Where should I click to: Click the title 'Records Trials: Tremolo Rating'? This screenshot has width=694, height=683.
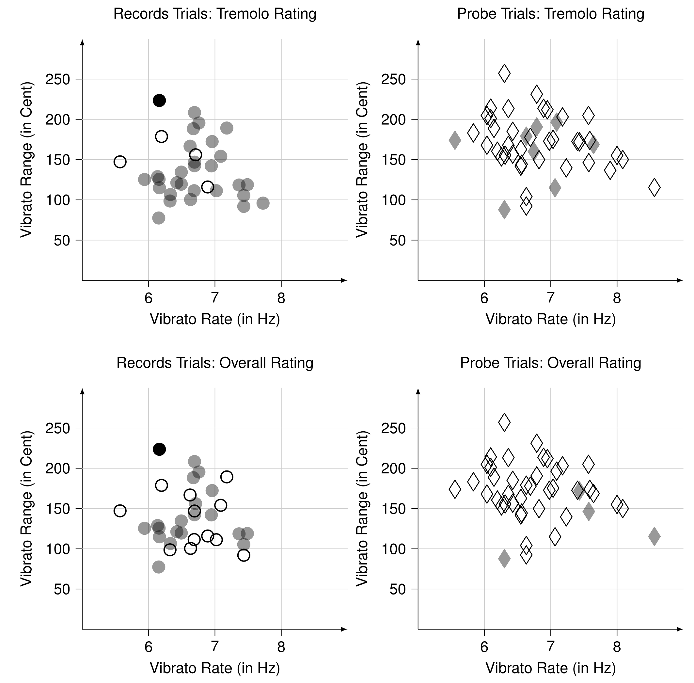pos(215,14)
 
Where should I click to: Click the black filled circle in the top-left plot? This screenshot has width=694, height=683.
pos(159,101)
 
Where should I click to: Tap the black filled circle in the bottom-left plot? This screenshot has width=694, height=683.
pos(159,449)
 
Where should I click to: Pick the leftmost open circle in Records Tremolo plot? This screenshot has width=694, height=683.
pos(120,162)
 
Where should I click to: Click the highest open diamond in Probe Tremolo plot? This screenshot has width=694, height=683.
pos(504,73)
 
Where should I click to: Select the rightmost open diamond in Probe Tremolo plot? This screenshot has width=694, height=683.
pos(654,187)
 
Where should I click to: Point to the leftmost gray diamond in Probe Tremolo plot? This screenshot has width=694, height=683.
pos(455,140)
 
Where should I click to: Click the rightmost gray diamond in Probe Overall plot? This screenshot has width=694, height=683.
pos(654,537)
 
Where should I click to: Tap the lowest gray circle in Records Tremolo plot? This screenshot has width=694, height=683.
pos(159,218)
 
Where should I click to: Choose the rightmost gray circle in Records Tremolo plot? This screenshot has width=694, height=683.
pos(263,203)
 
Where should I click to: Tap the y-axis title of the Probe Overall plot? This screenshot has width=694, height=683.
pos(362,509)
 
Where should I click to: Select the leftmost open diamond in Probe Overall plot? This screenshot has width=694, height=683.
pos(455,489)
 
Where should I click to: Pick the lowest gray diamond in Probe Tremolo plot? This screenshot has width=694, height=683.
pos(504,210)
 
